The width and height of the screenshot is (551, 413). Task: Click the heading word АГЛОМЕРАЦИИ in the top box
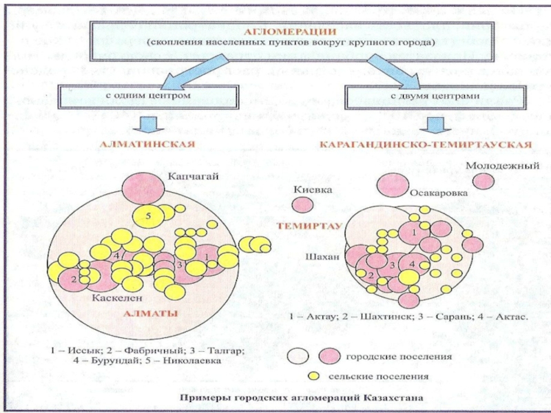pyautogui.click(x=291, y=31)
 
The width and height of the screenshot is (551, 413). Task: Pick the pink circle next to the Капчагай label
pyautogui.click(x=143, y=187)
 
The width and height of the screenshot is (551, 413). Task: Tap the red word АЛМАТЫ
pyautogui.click(x=151, y=314)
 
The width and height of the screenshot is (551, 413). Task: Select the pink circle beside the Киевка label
pyautogui.click(x=302, y=204)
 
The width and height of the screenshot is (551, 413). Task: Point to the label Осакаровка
pyautogui.click(x=437, y=194)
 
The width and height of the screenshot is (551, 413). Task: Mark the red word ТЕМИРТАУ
pyautogui.click(x=310, y=225)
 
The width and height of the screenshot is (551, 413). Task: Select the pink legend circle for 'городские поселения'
pyautogui.click(x=329, y=357)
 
